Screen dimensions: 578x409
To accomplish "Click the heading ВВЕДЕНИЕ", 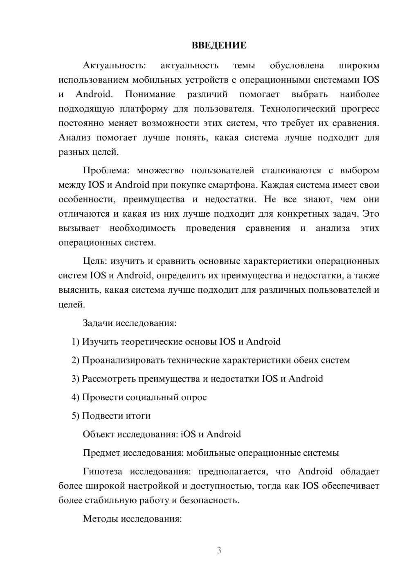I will pyautogui.click(x=219, y=45).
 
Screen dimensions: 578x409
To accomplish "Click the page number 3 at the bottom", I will pyautogui.click(x=219, y=550).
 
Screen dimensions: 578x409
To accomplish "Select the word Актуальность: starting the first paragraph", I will pyautogui.click(x=114, y=65).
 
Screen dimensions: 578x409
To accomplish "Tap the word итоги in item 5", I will pyautogui.click(x=138, y=416).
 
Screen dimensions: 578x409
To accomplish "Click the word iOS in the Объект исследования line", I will pyautogui.click(x=188, y=434).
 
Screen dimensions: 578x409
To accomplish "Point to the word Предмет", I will pyautogui.click(x=101, y=453).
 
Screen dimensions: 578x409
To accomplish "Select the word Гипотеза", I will pyautogui.click(x=102, y=471).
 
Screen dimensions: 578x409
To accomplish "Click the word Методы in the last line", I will pyautogui.click(x=98, y=519).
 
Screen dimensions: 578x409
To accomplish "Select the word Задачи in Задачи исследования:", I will pyautogui.click(x=98, y=323).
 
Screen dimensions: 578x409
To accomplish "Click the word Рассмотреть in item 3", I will pyautogui.click(x=109, y=379).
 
